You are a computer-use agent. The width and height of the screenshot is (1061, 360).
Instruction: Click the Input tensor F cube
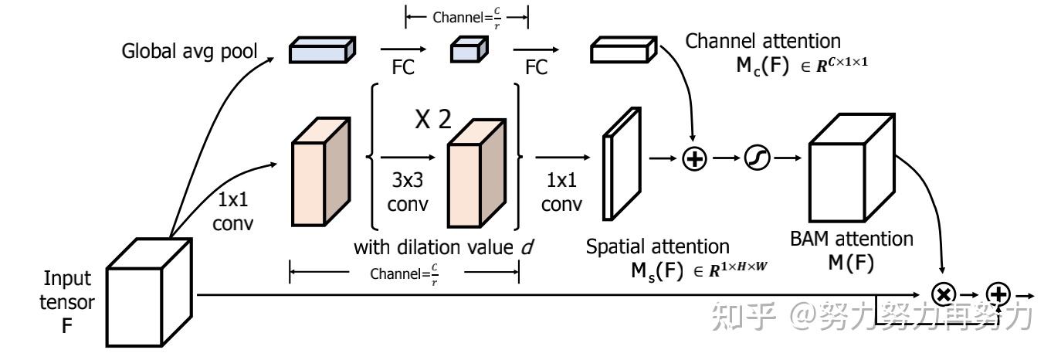pos(149,292)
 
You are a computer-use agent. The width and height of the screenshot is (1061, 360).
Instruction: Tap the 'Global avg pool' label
pos(189,51)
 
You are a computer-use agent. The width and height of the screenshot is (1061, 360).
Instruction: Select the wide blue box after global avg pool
pos(323,49)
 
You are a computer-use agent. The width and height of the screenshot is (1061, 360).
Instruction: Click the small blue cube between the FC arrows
pos(469,49)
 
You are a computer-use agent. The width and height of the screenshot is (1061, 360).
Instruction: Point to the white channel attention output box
pos(624,49)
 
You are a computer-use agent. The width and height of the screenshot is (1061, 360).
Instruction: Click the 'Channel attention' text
pos(763,41)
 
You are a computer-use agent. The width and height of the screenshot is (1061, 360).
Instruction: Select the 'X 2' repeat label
pos(433,119)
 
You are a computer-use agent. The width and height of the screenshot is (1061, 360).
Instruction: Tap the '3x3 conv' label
pos(408,192)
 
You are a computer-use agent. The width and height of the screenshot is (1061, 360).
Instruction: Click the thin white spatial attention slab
pos(622,164)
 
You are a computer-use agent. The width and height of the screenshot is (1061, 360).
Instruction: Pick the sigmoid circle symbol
pos(757,158)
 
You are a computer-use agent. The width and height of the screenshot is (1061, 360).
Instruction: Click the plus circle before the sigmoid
pos(694,158)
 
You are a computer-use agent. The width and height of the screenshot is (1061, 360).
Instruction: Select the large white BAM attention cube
pos(852,168)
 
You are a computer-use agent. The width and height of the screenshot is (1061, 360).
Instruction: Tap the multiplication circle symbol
pos(944,294)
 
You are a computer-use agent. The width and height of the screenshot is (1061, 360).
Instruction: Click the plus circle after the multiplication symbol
pos(998,294)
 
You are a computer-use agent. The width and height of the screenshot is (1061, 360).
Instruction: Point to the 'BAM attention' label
pos(852,239)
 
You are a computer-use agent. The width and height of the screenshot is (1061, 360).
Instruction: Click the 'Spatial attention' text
pos(657,246)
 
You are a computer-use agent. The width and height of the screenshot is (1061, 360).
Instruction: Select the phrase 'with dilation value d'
pos(444,247)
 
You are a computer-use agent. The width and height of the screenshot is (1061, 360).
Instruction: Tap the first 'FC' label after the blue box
pos(403,67)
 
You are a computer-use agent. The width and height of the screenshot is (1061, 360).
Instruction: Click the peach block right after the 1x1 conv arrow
pos(321,172)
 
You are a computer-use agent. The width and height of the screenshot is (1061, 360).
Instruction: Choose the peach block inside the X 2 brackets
pos(476,173)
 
